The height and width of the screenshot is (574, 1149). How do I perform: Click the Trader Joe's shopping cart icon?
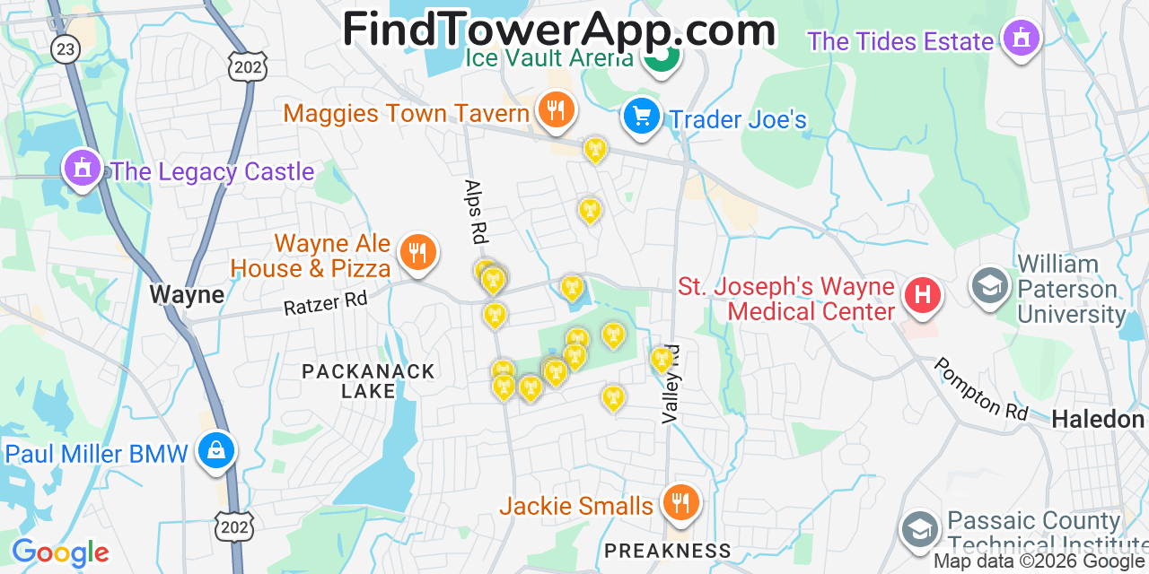(x=641, y=117)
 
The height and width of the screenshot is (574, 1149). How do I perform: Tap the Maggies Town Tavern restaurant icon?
(x=557, y=110)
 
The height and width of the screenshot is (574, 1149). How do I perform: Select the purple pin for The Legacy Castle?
(x=82, y=168)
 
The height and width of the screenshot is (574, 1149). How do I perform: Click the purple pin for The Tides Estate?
(x=1021, y=39)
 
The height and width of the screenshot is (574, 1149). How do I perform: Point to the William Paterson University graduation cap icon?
(x=990, y=287)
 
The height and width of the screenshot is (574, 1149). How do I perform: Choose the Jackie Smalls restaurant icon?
(x=680, y=502)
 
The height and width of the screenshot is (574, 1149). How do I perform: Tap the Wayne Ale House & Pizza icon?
(x=417, y=253)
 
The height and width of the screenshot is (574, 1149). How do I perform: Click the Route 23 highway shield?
(x=65, y=48)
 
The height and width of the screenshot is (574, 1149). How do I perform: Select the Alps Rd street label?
(x=473, y=213)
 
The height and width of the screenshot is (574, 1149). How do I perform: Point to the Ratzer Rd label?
(x=326, y=302)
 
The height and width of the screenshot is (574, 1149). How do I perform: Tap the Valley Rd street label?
(x=671, y=384)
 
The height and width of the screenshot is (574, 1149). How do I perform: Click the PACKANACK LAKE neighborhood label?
(x=368, y=381)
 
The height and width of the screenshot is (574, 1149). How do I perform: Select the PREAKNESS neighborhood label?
(x=667, y=550)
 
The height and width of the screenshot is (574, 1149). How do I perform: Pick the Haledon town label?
(x=1098, y=419)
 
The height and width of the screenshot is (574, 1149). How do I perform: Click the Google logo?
(x=60, y=552)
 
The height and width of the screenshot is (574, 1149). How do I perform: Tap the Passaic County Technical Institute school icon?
(x=920, y=528)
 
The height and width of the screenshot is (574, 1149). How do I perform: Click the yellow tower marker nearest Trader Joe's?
(x=594, y=149)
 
